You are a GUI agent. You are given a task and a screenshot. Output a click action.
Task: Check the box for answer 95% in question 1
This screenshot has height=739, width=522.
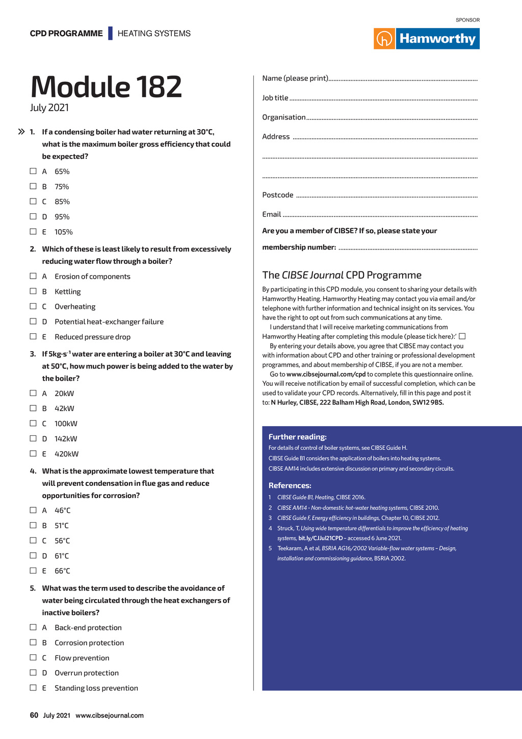point(33,216)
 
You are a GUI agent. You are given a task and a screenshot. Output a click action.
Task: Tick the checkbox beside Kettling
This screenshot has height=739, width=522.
point(33,291)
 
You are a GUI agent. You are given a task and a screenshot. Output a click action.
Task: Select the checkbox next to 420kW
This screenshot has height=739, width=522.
point(33,453)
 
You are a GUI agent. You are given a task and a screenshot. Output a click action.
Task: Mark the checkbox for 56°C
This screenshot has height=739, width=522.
point(33,540)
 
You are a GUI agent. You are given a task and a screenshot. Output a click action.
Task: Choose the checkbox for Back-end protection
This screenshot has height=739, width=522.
point(33,627)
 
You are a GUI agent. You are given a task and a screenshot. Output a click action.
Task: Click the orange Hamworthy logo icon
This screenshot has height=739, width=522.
point(384,39)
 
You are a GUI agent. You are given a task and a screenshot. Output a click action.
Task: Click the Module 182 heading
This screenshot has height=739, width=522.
point(106,87)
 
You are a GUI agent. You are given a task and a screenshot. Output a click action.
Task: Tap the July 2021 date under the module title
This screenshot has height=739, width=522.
point(49,108)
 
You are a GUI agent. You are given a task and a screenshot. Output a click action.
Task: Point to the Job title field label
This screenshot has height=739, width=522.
point(275,98)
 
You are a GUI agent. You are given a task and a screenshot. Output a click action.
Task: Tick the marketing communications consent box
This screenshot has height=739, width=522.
point(462,336)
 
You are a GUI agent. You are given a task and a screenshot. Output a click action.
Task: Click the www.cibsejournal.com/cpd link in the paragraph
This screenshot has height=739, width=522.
point(326,374)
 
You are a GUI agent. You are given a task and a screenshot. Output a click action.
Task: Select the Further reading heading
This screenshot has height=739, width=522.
point(297,437)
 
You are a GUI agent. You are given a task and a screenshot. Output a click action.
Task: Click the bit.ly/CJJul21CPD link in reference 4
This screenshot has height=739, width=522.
point(320,538)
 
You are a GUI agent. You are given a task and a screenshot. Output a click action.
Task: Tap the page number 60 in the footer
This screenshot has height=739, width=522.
point(34,715)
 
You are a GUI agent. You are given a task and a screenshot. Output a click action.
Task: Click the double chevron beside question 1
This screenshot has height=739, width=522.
point(21,132)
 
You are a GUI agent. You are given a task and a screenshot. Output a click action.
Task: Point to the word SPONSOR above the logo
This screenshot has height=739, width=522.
point(467,20)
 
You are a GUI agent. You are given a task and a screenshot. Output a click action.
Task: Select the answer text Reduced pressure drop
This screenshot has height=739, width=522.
point(92,337)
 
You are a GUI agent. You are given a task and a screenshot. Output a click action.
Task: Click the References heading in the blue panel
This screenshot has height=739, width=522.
point(290,485)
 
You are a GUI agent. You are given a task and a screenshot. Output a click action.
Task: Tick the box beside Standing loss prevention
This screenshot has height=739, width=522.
point(33,687)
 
